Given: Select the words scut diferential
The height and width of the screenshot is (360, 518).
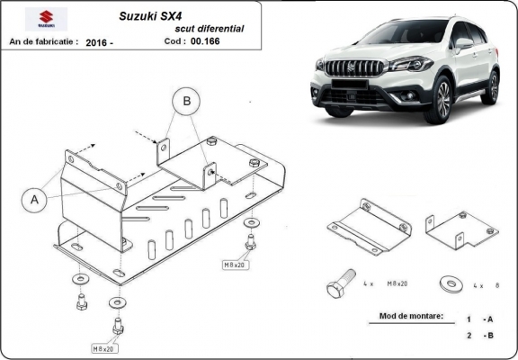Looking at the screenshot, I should [x=212, y=29].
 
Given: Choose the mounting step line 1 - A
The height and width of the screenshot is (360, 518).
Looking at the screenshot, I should [x=478, y=319].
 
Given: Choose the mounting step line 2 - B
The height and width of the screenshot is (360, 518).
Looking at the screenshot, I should [x=478, y=336].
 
